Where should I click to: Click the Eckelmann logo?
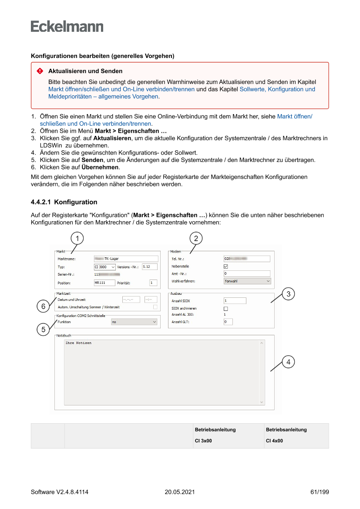[67, 27]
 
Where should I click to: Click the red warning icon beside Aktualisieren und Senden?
[40, 71]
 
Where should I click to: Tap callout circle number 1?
[77, 238]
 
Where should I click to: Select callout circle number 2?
[196, 238]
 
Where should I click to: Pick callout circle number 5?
[43, 330]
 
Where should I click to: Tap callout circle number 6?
[43, 307]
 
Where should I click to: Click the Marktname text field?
[126, 259]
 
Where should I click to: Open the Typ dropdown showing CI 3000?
[104, 267]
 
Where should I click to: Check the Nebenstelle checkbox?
[225, 266]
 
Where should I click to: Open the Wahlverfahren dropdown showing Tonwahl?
[247, 281]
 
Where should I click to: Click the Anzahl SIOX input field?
[235, 300]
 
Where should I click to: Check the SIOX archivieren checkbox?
[225, 309]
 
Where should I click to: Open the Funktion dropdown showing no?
[133, 322]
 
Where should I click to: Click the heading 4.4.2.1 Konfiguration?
[64, 202]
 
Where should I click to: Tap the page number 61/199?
[320, 492]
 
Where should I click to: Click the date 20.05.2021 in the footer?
[179, 492]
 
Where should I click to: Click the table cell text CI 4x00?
[274, 441]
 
